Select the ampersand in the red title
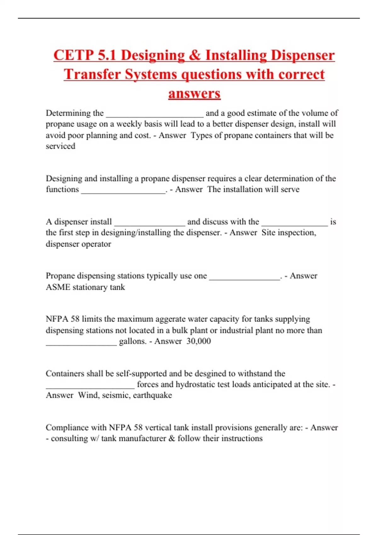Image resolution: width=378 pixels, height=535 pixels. click(195, 55)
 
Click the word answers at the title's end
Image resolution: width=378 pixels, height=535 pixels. click(194, 93)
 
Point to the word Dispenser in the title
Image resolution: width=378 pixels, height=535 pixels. click(302, 55)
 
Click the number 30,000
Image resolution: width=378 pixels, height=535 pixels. click(198, 341)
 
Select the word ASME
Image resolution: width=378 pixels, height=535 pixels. click(58, 287)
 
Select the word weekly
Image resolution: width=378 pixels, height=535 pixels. click(129, 124)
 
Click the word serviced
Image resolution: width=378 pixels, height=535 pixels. click(60, 146)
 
